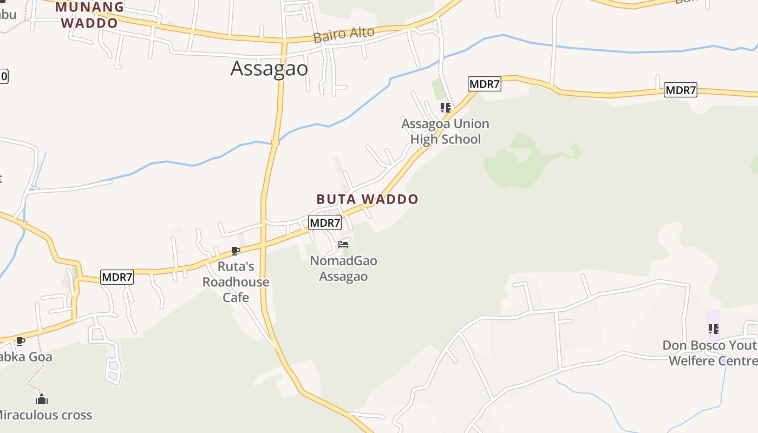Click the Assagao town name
[x=269, y=69]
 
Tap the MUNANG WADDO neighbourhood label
[x=89, y=15]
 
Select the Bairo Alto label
[x=344, y=35]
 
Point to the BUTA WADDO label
[x=368, y=199]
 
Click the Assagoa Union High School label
[x=445, y=132]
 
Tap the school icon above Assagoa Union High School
[x=445, y=107]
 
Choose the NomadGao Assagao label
[x=343, y=268]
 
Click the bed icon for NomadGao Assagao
[x=343, y=245]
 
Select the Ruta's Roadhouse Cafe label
[x=236, y=282]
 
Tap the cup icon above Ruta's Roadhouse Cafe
[x=235, y=251]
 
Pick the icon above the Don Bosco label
[x=713, y=329]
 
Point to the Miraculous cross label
[x=45, y=415]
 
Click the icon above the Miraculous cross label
[x=42, y=399]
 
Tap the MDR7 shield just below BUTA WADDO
[x=325, y=222]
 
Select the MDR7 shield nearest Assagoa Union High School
[x=484, y=84]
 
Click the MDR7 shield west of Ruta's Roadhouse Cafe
[x=117, y=278]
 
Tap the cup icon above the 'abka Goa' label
[x=20, y=341]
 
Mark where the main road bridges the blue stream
[x=275, y=142]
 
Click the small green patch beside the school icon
[x=438, y=89]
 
